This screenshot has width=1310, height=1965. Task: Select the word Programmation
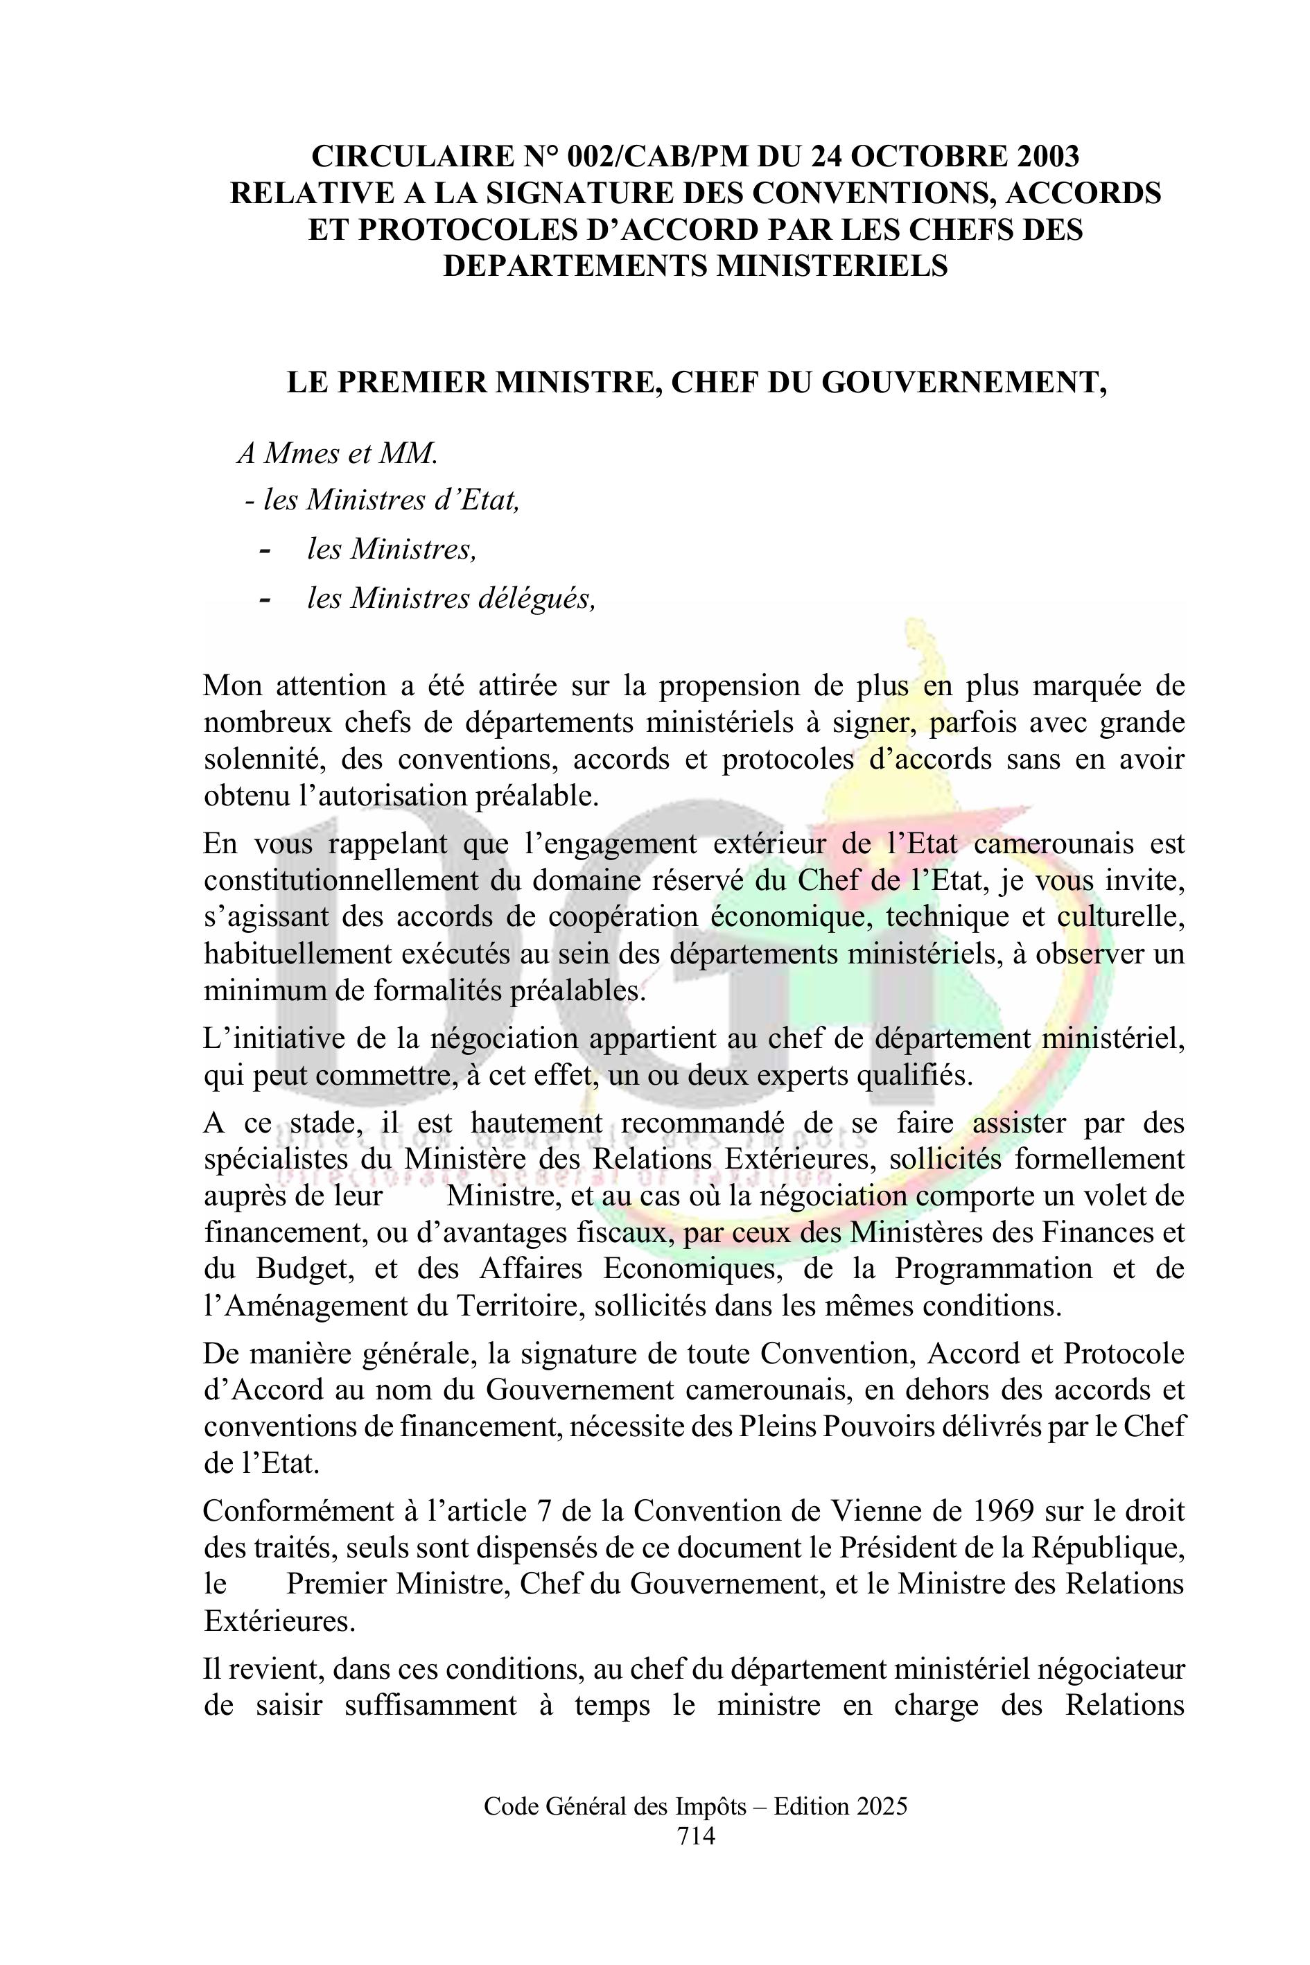click(993, 1268)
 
